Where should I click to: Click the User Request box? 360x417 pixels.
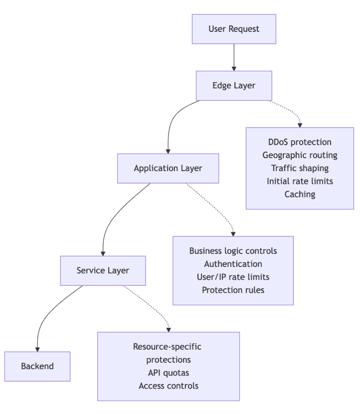[234, 29]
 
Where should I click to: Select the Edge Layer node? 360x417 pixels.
[234, 85]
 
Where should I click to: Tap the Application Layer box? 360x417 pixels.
[168, 168]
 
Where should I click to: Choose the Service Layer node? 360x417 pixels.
[103, 270]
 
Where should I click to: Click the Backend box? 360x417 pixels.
[37, 366]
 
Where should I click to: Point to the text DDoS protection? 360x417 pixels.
[300, 142]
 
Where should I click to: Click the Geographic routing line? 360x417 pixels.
[300, 155]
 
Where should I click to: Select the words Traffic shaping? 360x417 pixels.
[300, 168]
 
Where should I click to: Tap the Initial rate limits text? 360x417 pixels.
[300, 181]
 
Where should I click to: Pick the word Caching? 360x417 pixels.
[300, 194]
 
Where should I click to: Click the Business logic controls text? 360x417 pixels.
[233, 251]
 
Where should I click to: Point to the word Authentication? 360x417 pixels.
[233, 264]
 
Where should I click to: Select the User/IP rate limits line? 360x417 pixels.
[233, 277]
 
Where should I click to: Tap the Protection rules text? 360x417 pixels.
[233, 290]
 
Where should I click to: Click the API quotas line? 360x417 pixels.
[169, 373]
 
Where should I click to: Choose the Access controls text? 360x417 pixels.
[169, 386]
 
